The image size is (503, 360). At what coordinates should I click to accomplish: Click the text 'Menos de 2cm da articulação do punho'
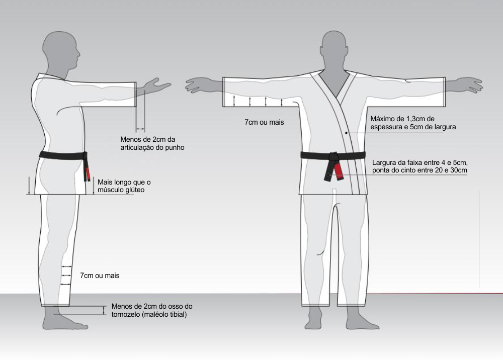tap(152, 143)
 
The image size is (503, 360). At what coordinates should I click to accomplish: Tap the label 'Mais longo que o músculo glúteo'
tap(124, 186)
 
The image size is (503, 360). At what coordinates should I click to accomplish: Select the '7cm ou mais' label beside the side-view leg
tap(100, 276)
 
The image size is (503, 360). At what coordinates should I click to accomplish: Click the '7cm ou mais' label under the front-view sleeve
tap(265, 122)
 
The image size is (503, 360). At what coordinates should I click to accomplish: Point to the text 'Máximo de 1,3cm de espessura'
tap(402, 123)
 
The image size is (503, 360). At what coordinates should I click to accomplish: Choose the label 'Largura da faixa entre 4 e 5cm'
tap(420, 162)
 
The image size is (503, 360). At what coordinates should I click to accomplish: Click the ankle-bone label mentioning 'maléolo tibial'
tap(152, 310)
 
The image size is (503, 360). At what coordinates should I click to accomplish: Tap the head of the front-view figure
tap(334, 51)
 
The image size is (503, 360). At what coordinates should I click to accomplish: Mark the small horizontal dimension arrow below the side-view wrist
tap(140, 130)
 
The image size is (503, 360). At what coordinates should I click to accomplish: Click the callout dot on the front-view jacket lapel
tap(347, 133)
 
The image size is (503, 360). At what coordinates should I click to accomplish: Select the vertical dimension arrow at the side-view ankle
tap(104, 310)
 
